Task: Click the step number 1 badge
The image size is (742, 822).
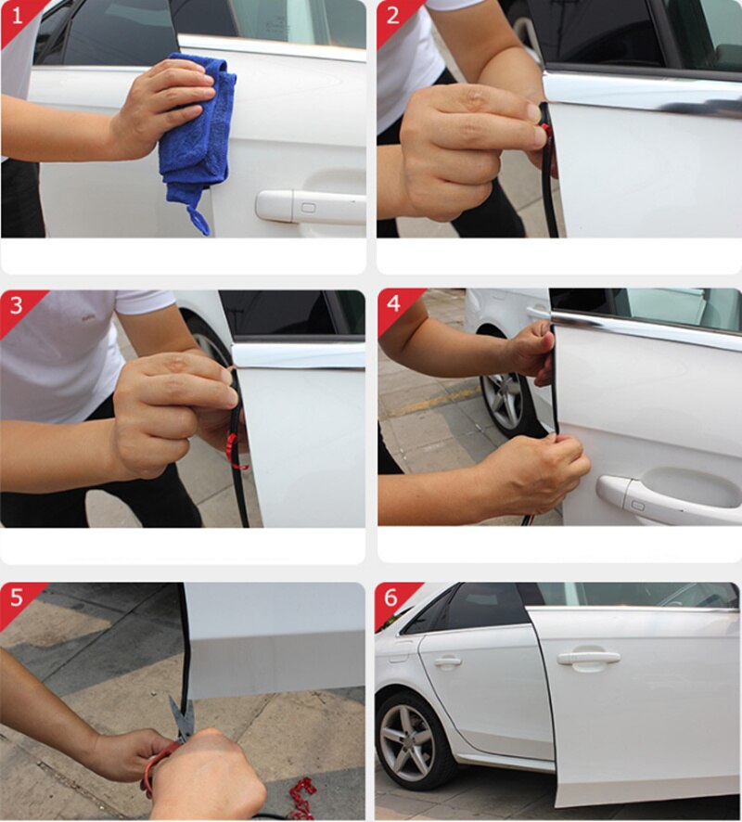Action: pyautogui.click(x=16, y=16)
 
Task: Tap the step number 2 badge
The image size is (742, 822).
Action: pyautogui.click(x=392, y=16)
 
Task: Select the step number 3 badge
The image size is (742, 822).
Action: pyautogui.click(x=16, y=305)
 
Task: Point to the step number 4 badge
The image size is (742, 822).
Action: pyautogui.click(x=392, y=305)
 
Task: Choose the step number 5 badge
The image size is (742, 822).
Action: pyautogui.click(x=16, y=598)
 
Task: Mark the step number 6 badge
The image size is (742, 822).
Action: pyautogui.click(x=392, y=598)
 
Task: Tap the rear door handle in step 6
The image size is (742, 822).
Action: pyautogui.click(x=448, y=661)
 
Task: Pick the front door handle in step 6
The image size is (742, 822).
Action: pyautogui.click(x=588, y=658)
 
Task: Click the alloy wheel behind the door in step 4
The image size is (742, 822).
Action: pyautogui.click(x=504, y=400)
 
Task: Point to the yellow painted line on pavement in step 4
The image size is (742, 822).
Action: pyautogui.click(x=436, y=402)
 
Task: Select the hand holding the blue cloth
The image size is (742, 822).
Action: pyautogui.click(x=162, y=107)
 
